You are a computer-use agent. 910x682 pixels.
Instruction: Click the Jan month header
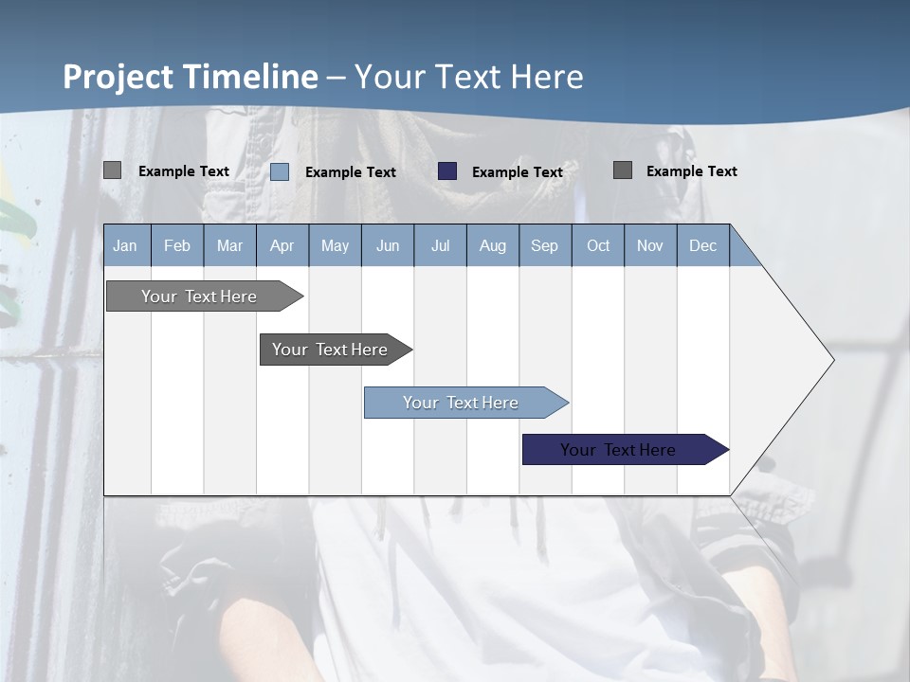pos(125,245)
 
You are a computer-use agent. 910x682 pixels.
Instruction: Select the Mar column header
pos(229,245)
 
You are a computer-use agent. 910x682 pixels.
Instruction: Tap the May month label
pos(335,245)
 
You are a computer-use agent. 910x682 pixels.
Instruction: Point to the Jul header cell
pos(440,245)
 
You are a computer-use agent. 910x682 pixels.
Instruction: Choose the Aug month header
pos(492,245)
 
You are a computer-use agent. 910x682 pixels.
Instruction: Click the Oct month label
pos(598,245)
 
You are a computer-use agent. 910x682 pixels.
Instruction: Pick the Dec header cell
pos(702,245)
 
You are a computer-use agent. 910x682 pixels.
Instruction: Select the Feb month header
pos(177,245)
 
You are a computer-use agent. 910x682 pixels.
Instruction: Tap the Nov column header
pos(650,245)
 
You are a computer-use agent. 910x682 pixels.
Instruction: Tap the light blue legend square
pos(280,171)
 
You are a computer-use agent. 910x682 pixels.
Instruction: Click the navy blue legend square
pos(447,171)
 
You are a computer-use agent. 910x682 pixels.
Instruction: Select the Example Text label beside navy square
pos(518,172)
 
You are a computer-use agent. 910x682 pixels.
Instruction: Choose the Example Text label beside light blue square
pos(351,172)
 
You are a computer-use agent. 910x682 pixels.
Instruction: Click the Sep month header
pos(544,245)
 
